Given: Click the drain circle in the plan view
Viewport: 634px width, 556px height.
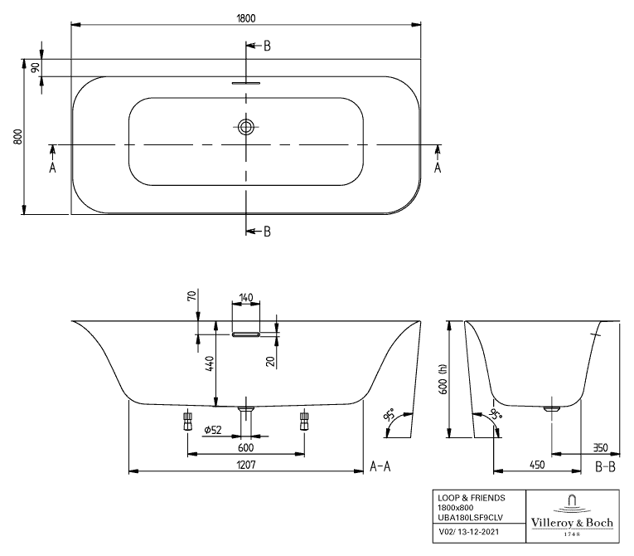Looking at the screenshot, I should click(246, 127).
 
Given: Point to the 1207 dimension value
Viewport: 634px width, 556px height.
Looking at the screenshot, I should click(246, 465).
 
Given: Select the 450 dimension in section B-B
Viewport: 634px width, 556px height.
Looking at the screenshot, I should click(536, 466).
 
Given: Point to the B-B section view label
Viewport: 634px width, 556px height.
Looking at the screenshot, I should click(606, 466).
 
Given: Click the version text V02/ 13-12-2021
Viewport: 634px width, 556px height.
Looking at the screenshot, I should click(469, 529).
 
